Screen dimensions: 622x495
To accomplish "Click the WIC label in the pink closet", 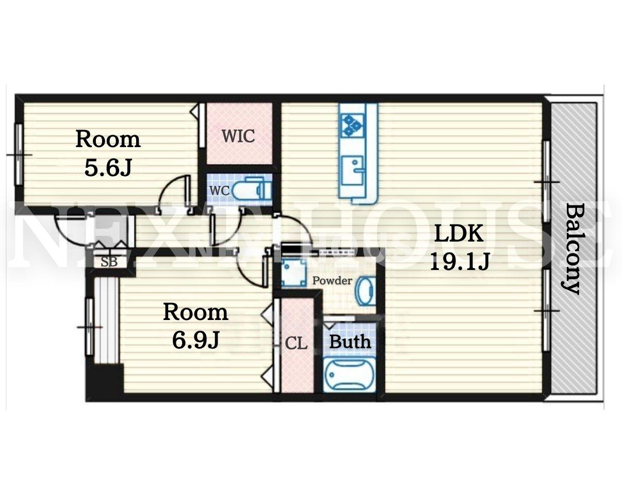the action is pos(238,136).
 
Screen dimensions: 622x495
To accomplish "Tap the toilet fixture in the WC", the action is pos(252,189).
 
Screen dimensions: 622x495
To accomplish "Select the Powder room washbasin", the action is pos(366,291).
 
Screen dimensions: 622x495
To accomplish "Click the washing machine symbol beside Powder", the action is pos(293,272).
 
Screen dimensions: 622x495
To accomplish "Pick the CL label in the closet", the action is pos(296,344).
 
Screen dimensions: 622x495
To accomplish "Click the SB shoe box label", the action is pos(109,262).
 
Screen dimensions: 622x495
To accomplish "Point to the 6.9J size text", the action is pos(195,340).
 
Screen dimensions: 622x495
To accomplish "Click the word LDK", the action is pos(459,233).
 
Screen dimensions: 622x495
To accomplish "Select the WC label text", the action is pos(219,190).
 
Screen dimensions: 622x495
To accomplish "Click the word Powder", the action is pos(332,280).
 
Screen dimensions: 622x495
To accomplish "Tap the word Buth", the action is pos(350,342).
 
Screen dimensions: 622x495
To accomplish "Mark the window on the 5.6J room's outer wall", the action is pos(19,154).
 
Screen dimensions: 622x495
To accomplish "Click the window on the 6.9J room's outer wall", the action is pos(90,327).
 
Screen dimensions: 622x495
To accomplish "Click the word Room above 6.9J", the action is pos(195,312).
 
